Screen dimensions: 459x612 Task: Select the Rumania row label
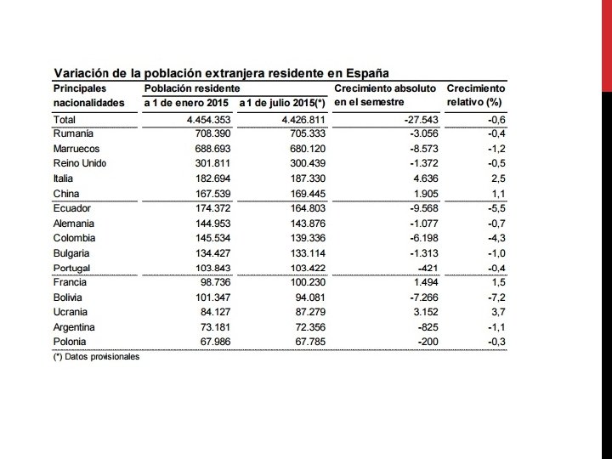click(73, 133)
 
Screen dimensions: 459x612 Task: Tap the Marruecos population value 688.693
click(211, 149)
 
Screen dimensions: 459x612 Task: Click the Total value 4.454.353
click(205, 120)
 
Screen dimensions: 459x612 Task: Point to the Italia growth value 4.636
click(421, 178)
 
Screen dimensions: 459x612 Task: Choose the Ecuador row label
click(72, 208)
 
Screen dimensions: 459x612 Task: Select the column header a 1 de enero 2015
click(188, 103)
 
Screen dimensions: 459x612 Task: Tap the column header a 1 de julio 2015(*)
click(282, 103)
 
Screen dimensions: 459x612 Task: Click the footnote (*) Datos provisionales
click(96, 357)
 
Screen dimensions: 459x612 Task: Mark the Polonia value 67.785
click(306, 342)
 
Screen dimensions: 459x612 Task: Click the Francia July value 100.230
click(303, 282)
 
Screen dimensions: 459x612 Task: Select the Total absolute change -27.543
click(416, 120)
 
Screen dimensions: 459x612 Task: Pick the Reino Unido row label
click(79, 163)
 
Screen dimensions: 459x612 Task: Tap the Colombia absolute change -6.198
click(419, 238)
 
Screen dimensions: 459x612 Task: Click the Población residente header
click(191, 88)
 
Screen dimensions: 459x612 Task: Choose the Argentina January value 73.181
click(213, 327)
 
